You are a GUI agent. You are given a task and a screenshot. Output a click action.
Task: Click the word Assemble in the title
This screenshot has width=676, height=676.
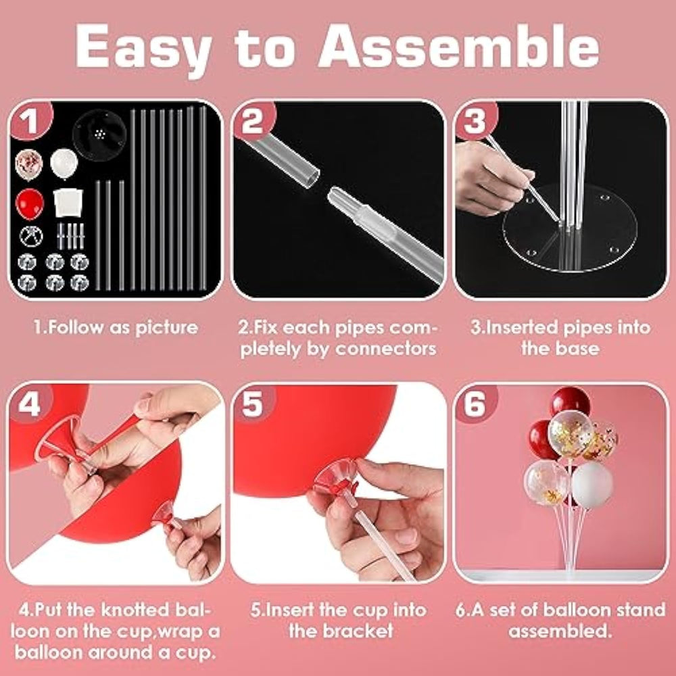click(x=459, y=46)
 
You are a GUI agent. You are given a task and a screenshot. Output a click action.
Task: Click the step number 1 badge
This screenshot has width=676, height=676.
click(x=30, y=121)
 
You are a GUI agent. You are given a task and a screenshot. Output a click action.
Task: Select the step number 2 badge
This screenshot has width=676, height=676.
click(x=254, y=121)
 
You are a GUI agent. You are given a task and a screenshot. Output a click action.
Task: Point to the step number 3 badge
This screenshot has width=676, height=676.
click(x=476, y=121)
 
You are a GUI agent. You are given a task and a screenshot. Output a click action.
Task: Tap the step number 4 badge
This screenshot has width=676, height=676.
click(x=30, y=404)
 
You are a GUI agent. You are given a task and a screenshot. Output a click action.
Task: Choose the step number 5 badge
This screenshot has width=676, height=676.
click(x=254, y=404)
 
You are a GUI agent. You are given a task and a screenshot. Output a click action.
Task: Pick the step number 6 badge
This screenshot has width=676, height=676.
click(x=476, y=404)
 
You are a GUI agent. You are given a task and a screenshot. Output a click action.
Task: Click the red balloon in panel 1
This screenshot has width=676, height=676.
click(x=30, y=204)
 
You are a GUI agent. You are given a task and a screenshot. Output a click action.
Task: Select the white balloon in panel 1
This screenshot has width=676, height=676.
click(x=64, y=164)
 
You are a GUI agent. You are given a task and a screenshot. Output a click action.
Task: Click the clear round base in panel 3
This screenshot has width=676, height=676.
click(x=570, y=228)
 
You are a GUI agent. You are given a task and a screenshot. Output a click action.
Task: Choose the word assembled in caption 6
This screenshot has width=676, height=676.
click(x=560, y=631)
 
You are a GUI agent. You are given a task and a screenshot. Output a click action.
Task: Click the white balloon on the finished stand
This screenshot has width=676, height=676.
click(x=592, y=484)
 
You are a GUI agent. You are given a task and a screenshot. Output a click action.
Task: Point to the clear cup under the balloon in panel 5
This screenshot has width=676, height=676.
click(x=336, y=476)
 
